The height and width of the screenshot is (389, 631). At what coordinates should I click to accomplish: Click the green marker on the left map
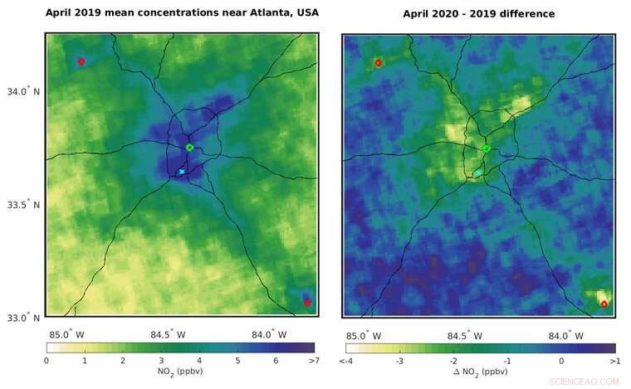189,147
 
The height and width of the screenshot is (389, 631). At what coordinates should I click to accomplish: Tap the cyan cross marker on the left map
182,172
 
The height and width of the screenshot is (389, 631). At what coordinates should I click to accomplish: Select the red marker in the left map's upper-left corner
81,61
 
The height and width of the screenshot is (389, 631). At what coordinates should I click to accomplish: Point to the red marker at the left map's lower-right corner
307,303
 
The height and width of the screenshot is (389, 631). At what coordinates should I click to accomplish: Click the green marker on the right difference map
487,148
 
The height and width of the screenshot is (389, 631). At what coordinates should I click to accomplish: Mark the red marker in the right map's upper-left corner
378,63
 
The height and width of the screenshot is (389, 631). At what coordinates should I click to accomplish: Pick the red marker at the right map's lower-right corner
604,304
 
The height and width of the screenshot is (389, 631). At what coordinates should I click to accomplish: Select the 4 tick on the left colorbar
198,361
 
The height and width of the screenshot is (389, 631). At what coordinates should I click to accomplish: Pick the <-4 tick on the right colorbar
347,362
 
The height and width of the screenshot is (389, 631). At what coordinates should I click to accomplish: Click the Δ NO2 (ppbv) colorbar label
480,372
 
